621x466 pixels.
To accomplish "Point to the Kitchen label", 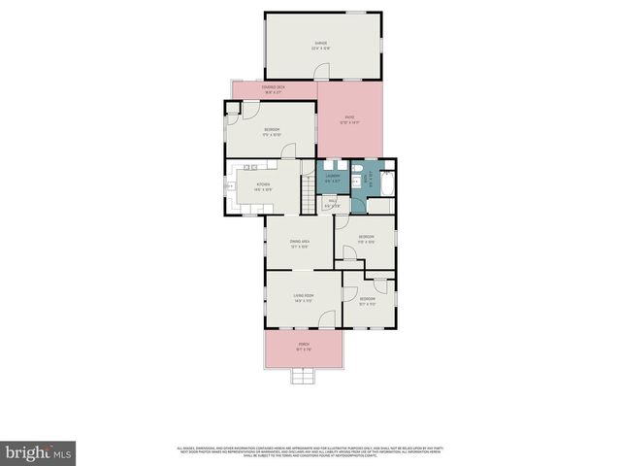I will (x=263, y=186).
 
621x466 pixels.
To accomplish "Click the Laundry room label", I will (x=332, y=178).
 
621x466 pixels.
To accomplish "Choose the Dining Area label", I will (x=299, y=244).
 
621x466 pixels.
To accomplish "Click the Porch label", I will (x=304, y=347).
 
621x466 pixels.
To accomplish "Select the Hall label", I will (x=331, y=205).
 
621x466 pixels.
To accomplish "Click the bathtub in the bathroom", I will (x=383, y=185).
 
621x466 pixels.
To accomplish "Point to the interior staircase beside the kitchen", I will (x=308, y=201).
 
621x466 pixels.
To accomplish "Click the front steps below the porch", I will (x=303, y=374).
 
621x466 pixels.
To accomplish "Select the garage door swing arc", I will (x=322, y=71).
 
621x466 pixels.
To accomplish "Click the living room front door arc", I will (x=330, y=317).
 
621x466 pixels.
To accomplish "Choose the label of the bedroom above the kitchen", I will (x=273, y=132).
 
